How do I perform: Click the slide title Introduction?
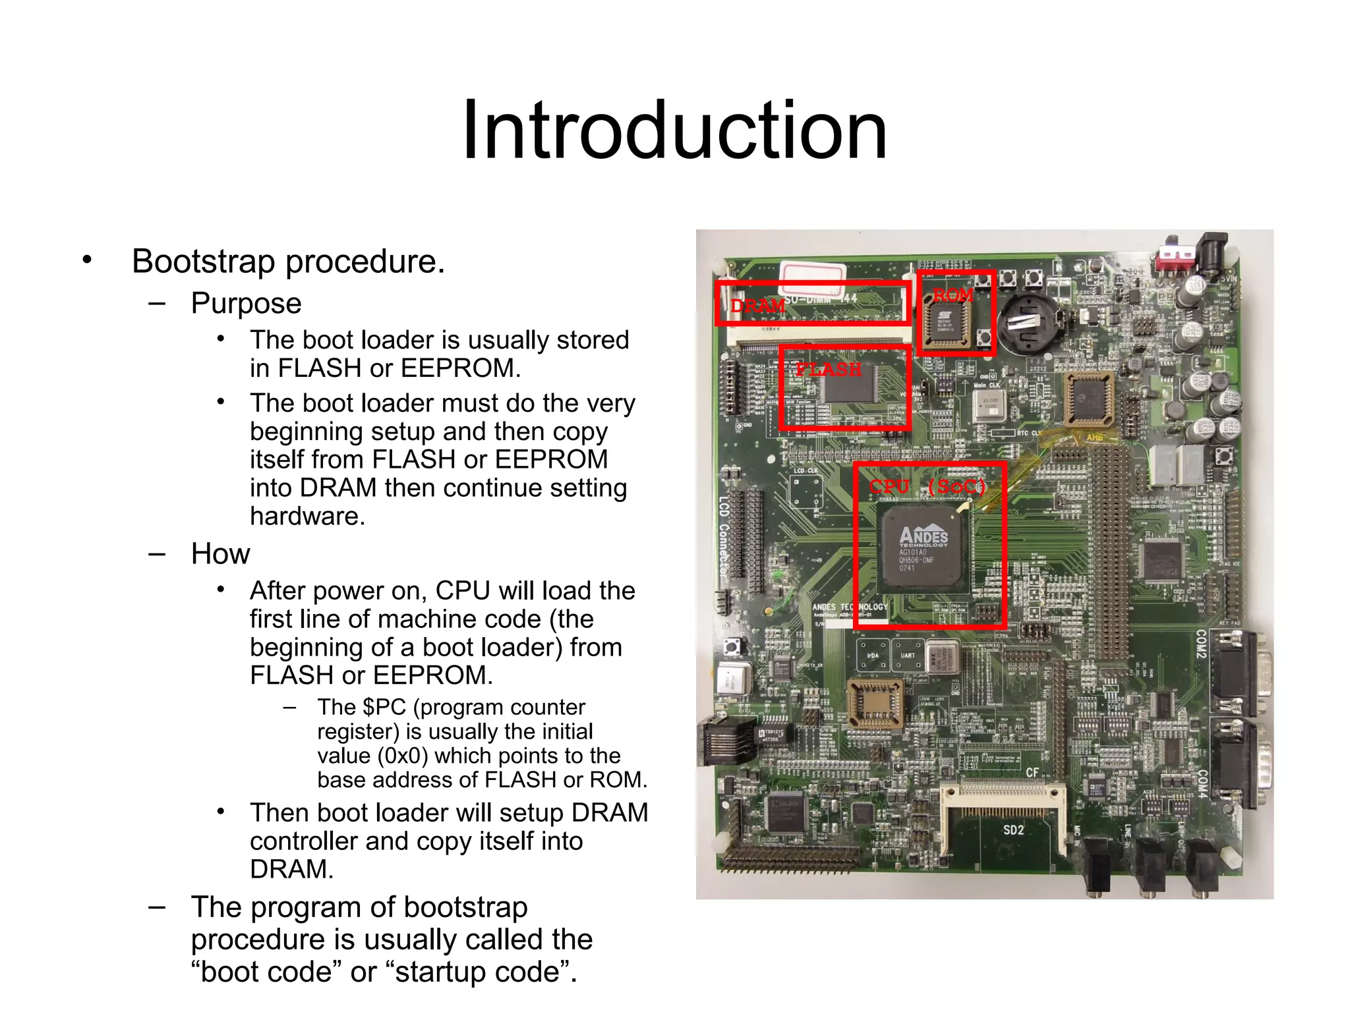coord(674,130)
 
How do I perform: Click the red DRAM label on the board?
coord(757,306)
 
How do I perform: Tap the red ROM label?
coord(953,295)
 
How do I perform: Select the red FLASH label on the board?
coord(829,369)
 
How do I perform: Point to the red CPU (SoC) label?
coord(927,486)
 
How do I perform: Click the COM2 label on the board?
coord(1201,643)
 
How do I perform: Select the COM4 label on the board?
coord(1202,784)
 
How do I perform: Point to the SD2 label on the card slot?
coord(1013,829)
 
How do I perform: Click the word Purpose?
coord(246,303)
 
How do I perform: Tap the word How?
coord(220,553)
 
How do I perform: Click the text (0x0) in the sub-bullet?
coord(403,756)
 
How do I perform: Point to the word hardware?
coord(307,516)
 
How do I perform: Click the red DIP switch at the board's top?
coord(1177,256)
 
